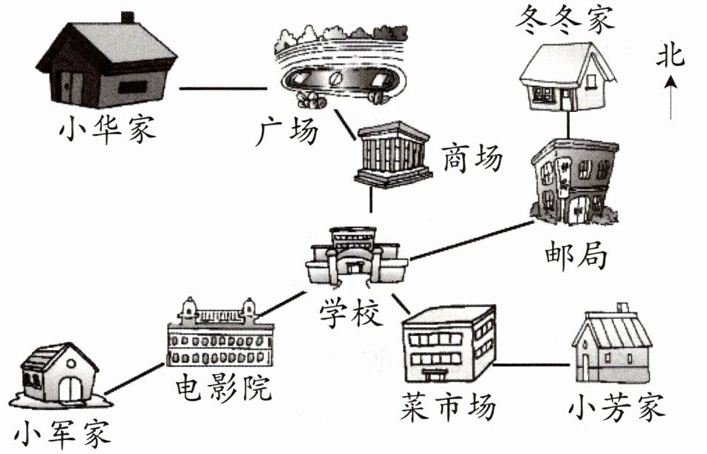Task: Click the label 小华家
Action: coord(108,131)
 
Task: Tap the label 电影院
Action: coord(223,387)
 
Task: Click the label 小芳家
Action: coord(617,407)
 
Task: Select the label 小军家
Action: coord(62,433)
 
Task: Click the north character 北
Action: coord(671,56)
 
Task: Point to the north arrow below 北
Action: coord(671,96)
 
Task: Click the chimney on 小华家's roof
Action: coord(128,17)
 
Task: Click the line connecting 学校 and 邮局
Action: coord(472,239)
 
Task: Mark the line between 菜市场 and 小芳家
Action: coord(532,365)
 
